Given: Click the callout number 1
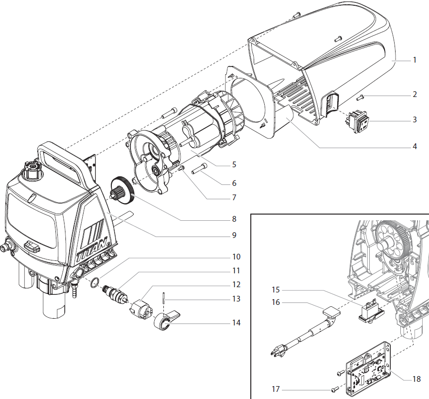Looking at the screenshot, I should click(415, 60).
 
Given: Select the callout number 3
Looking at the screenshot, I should click(415, 119).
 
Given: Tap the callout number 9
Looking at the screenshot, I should click(234, 235).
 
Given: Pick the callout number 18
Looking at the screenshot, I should click(417, 379).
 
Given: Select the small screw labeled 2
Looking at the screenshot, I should click(361, 97).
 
